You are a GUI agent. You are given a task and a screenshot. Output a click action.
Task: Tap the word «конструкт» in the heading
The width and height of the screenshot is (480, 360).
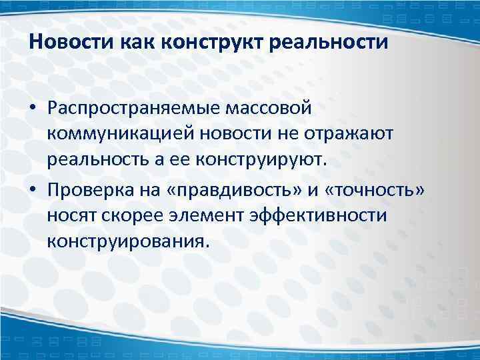pos(208,44)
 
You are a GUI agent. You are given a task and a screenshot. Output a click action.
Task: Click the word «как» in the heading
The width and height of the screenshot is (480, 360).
pos(136,44)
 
